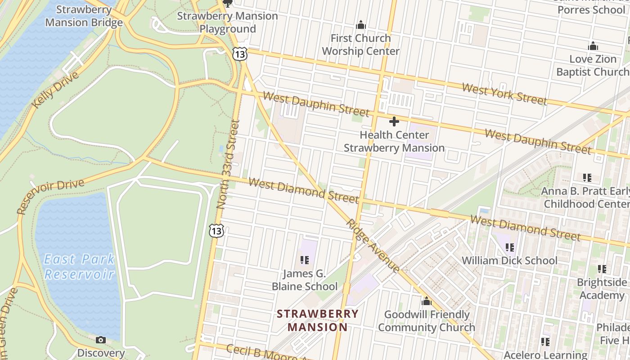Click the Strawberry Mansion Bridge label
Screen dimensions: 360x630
[x=84, y=16]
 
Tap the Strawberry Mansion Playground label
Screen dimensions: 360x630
[x=227, y=22]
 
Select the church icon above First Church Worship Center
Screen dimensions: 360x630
[x=360, y=25]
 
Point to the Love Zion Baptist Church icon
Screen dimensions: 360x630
[x=593, y=46]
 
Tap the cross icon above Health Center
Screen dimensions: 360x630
[x=394, y=121]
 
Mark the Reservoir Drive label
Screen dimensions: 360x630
[x=50, y=196]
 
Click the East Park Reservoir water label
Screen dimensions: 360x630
[x=79, y=266]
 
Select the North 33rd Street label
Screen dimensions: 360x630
[x=229, y=164]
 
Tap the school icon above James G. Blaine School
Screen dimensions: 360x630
[x=305, y=260]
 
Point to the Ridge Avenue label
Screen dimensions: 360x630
[x=373, y=246]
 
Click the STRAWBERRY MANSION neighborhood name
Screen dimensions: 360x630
[x=318, y=320]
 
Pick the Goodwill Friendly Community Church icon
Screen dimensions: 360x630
[x=426, y=301]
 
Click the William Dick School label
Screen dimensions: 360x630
[x=509, y=261]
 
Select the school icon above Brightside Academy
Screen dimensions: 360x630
[x=602, y=269]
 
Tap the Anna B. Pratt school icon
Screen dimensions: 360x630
[x=587, y=178]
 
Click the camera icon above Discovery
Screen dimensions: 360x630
[x=101, y=340]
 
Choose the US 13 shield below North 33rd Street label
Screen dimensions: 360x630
[x=216, y=231]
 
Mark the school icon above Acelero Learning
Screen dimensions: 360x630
[x=545, y=342]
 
